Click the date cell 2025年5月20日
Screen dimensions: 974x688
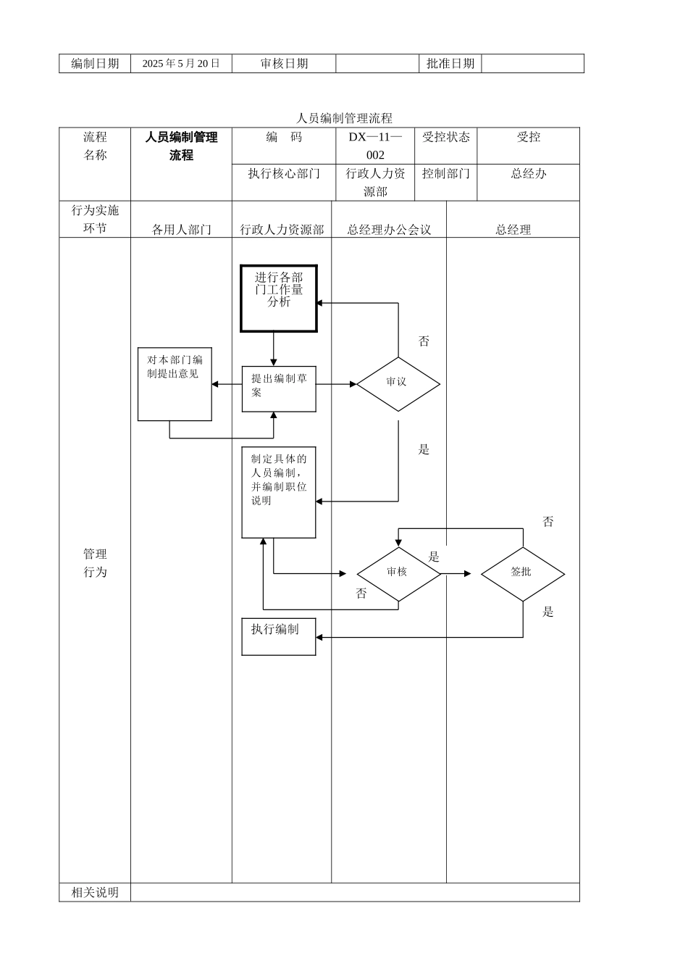click(181, 64)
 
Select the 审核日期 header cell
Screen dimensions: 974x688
click(284, 64)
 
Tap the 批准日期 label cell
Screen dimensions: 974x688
click(450, 64)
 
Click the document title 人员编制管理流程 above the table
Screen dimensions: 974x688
click(344, 118)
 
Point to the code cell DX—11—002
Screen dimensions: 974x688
click(375, 146)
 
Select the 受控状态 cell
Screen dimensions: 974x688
click(446, 138)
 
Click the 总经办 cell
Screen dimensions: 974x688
click(528, 174)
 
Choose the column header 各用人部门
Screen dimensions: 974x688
click(181, 230)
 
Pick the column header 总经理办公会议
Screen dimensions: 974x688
click(389, 230)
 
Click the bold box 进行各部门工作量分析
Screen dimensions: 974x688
click(279, 298)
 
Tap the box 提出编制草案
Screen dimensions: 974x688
click(279, 388)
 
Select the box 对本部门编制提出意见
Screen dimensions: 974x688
click(175, 384)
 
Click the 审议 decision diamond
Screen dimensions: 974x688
click(398, 383)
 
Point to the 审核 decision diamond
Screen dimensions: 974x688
click(398, 573)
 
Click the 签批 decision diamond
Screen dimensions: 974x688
click(522, 573)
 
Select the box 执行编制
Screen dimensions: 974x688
click(279, 636)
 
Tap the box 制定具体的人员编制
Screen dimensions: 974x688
click(279, 492)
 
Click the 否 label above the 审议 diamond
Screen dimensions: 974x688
click(424, 341)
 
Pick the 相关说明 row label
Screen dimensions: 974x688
click(95, 893)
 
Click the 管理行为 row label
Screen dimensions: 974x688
click(95, 563)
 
